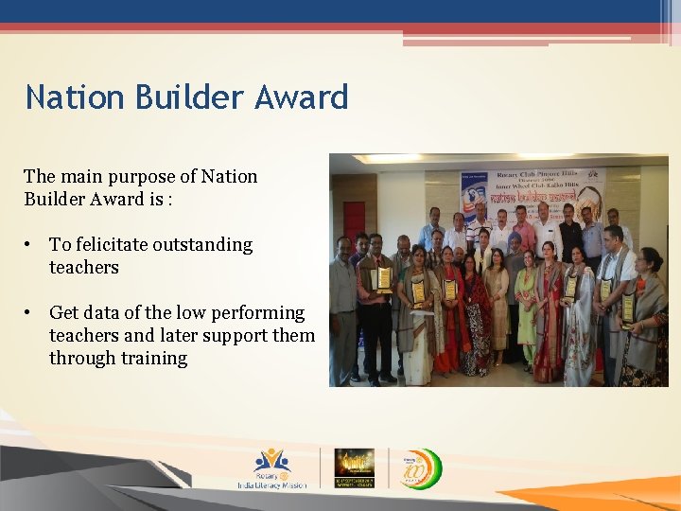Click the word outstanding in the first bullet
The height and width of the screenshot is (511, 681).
(205, 245)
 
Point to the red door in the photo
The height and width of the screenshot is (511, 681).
(355, 219)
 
